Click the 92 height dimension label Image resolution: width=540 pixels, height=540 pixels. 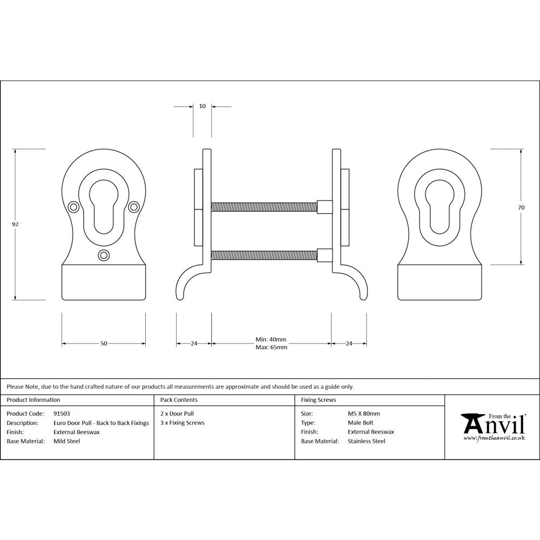16,224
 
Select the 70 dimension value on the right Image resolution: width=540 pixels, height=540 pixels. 522,207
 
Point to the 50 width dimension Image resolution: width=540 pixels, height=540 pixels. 104,343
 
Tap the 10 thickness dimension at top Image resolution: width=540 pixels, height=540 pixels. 202,106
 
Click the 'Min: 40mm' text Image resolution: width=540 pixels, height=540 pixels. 271,340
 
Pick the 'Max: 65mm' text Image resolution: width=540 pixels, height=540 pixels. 271,347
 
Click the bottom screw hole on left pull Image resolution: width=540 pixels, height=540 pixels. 104,255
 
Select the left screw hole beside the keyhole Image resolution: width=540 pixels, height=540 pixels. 73,206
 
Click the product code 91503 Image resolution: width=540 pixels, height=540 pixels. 62,414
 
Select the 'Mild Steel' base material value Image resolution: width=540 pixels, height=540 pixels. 66,441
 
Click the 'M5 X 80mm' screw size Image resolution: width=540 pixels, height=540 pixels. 363,414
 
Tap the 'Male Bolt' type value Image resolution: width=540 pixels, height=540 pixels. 360,423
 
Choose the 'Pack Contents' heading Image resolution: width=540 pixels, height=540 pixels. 179,400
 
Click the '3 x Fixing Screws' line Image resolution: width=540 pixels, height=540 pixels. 183,423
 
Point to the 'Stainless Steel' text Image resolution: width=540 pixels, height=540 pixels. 366,441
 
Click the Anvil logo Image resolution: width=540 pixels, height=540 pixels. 492,427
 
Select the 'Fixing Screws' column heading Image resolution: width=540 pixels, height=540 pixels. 318,400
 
